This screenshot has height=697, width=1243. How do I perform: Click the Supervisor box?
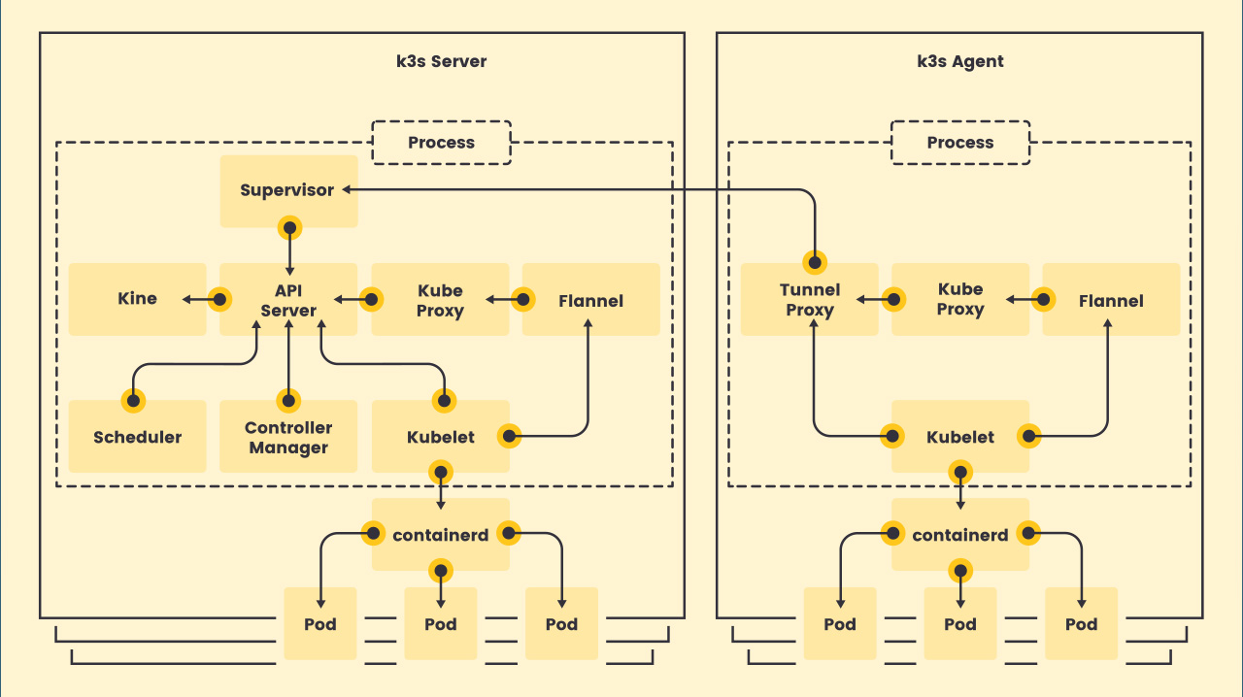[x=287, y=190]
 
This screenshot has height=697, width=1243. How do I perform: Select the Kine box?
[x=137, y=299]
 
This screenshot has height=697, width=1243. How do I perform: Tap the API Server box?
[x=288, y=300]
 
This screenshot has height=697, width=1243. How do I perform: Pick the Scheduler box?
[x=137, y=437]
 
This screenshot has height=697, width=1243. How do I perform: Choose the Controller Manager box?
[x=288, y=438]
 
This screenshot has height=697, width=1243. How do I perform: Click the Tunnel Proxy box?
[x=810, y=300]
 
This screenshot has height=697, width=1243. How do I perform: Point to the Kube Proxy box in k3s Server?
[x=440, y=300]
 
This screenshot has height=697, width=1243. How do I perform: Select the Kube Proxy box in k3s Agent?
[x=960, y=299]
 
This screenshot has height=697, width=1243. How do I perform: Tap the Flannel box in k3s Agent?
[x=1111, y=300]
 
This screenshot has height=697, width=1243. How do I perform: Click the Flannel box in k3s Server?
[x=590, y=300]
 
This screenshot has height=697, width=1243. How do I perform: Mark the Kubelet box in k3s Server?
[x=440, y=437]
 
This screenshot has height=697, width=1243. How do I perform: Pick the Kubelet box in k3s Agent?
[x=960, y=437]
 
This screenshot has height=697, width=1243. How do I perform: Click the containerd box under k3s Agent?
[x=960, y=535]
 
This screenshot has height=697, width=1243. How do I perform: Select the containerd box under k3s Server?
[x=440, y=535]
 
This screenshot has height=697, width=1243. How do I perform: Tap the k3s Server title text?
[x=442, y=61]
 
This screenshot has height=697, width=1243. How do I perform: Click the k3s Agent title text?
[x=960, y=61]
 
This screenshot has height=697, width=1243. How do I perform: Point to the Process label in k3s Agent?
[x=960, y=143]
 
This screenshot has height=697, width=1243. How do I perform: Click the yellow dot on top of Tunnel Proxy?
[x=814, y=262]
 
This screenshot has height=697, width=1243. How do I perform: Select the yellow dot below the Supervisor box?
[x=288, y=228]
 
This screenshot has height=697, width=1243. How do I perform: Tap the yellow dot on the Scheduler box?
[x=133, y=400]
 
